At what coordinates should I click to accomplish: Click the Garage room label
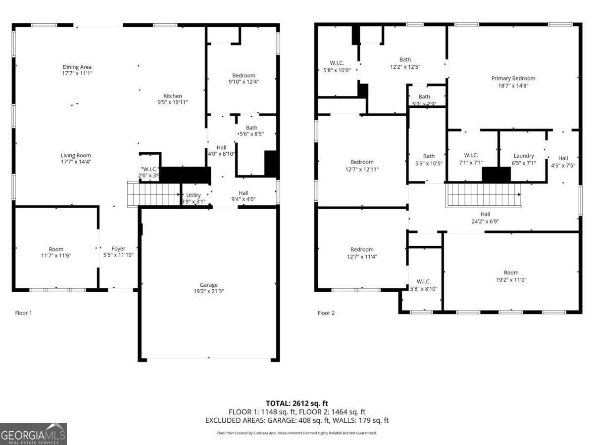(208, 285)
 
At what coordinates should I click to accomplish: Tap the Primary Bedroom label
(513, 78)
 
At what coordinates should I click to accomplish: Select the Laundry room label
(523, 156)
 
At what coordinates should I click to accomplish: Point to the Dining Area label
(77, 67)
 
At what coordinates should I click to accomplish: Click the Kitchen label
(173, 96)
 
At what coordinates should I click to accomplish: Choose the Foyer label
(118, 249)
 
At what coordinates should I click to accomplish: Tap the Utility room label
(193, 195)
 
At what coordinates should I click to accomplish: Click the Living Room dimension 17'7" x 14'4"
(76, 162)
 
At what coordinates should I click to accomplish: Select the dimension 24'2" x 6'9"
(485, 222)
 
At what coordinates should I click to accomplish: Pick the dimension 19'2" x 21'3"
(208, 291)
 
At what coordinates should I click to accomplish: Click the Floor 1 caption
(23, 313)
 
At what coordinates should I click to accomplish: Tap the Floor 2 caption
(326, 313)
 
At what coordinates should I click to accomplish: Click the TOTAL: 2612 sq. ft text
(297, 403)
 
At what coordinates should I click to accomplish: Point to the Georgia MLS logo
(33, 434)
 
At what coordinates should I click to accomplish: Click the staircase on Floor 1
(153, 194)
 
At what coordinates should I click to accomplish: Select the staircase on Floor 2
(484, 195)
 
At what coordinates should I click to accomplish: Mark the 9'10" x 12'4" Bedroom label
(244, 75)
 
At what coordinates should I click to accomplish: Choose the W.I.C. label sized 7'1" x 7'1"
(471, 155)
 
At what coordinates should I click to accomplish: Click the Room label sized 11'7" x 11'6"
(56, 249)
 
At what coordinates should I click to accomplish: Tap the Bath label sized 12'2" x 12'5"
(405, 60)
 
